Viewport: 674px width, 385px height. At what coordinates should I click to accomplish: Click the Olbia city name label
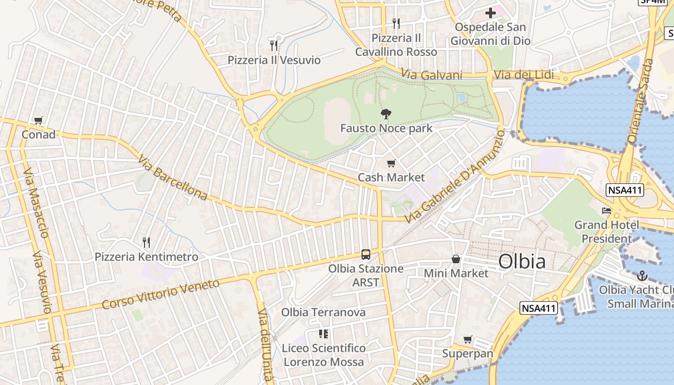point(522,261)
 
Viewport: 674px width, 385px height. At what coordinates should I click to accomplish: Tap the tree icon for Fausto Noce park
point(386,114)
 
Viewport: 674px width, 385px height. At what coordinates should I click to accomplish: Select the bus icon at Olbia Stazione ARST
point(366,254)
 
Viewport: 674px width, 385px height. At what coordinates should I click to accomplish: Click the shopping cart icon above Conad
point(39,120)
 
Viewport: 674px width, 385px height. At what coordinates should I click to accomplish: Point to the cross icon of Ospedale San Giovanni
point(490,13)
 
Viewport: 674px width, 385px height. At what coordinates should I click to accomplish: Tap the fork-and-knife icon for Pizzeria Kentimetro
point(146,242)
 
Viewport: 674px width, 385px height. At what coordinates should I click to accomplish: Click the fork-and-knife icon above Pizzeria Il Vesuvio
point(274,46)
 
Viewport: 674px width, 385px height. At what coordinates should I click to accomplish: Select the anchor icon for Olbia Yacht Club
point(642,276)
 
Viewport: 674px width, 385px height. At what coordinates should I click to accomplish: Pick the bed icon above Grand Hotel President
point(606,211)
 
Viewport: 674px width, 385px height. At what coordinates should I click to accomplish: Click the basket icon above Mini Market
point(456,259)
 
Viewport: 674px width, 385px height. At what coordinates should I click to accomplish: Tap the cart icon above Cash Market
point(391,164)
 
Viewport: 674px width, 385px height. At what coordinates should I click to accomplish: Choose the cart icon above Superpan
point(467,340)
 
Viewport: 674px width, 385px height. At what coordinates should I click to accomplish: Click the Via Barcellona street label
point(172,178)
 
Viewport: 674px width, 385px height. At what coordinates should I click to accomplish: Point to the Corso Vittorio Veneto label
point(161,294)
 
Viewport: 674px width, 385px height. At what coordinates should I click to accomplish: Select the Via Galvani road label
point(431,75)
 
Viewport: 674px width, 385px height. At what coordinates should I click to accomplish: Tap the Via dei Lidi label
point(524,75)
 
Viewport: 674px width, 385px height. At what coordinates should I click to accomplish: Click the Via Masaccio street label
point(36,202)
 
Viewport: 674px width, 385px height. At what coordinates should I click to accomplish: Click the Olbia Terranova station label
point(324,312)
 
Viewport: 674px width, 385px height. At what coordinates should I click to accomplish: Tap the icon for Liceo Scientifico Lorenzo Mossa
point(324,334)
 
